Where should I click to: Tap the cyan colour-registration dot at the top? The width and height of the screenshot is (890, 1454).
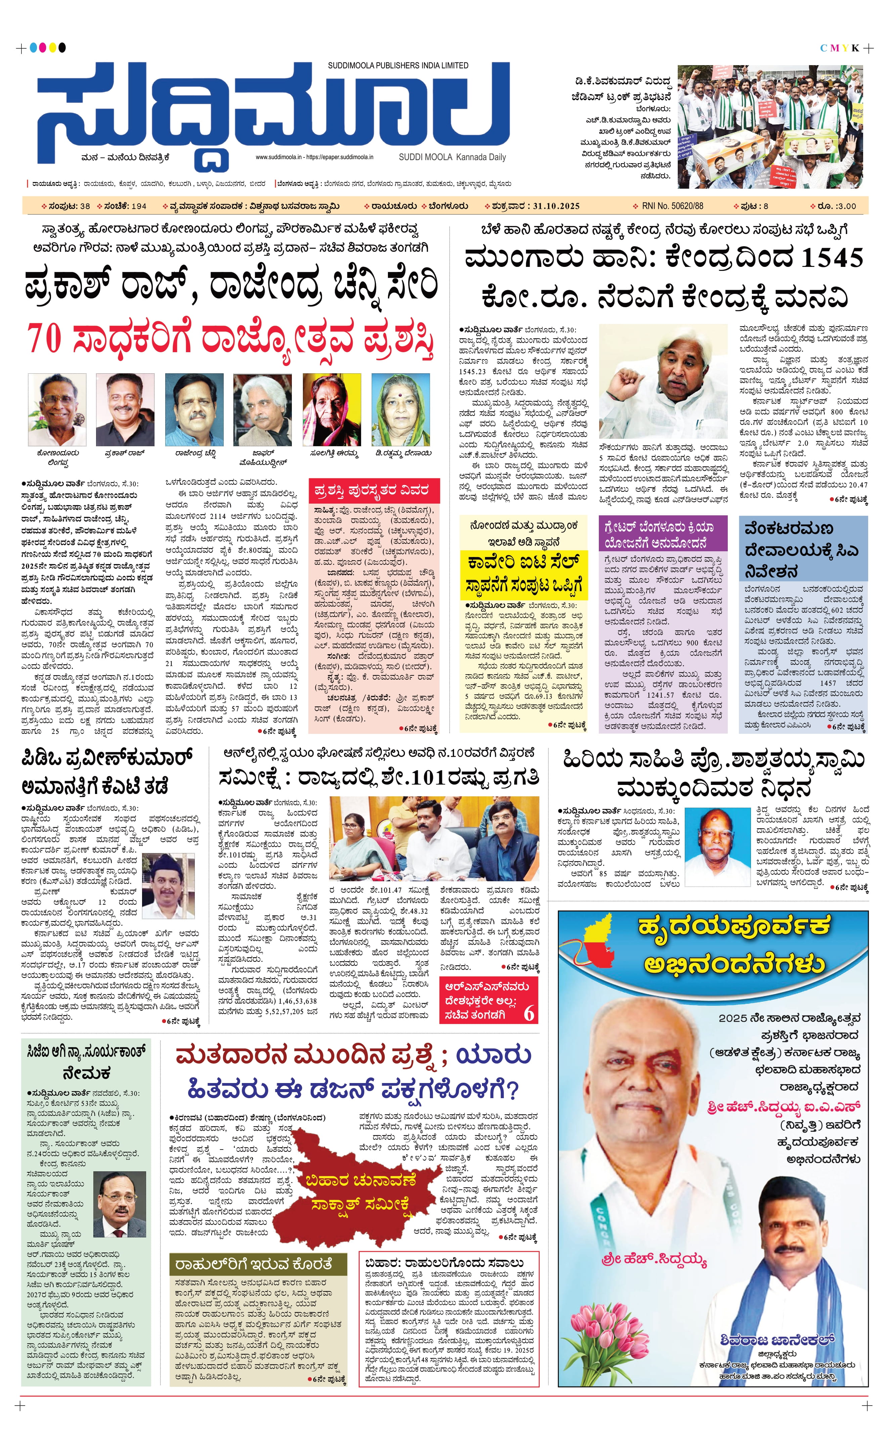pyautogui.click(x=33, y=47)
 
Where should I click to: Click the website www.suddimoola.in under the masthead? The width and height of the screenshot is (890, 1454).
pyautogui.click(x=278, y=157)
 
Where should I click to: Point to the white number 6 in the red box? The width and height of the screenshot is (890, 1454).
pyautogui.click(x=529, y=1013)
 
